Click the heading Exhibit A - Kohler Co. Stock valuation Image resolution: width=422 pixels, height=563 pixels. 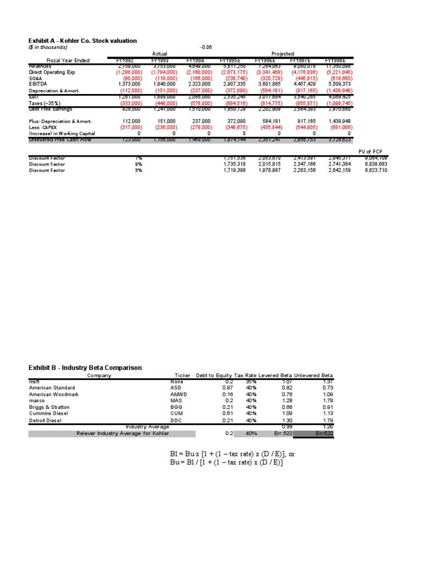point(82,41)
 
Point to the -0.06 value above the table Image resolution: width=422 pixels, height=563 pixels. point(206,47)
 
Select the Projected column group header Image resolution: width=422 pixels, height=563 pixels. point(282,54)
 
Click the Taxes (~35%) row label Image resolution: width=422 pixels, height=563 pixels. point(46,103)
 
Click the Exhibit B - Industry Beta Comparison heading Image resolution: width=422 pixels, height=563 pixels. point(85,367)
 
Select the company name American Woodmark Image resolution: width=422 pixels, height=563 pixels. point(54,394)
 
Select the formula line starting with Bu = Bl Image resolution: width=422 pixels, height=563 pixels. point(226,463)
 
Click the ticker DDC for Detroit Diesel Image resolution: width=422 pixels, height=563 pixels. point(176,420)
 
